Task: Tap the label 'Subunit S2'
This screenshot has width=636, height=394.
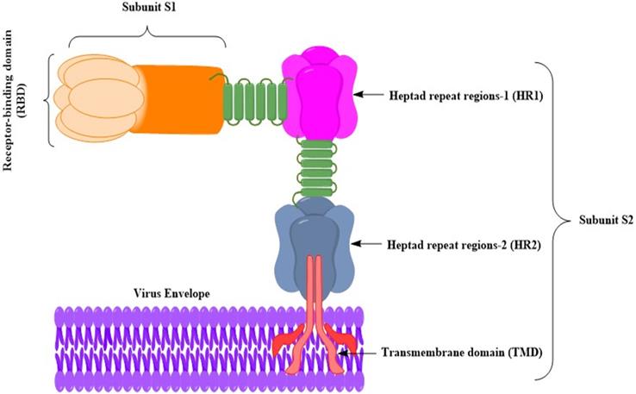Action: click(x=595, y=223)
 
